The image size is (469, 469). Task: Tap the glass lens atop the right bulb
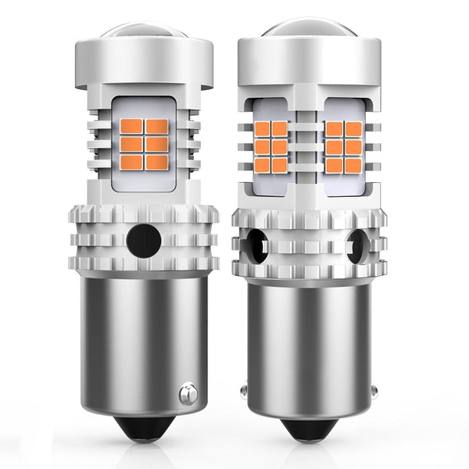(x=311, y=27)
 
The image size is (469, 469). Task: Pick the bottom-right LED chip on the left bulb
(x=157, y=162)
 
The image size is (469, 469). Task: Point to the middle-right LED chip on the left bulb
(x=157, y=145)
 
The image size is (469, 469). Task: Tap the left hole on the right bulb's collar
(x=253, y=246)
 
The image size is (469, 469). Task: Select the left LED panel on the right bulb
(x=271, y=146)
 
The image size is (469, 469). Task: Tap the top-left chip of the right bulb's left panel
(x=263, y=128)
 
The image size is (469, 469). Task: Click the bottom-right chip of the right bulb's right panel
(x=353, y=165)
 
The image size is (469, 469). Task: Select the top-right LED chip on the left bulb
(x=157, y=127)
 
